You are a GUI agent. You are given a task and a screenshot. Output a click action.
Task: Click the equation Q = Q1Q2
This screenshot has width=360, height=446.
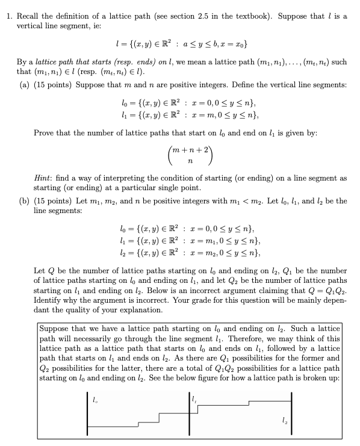coord(323,290)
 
